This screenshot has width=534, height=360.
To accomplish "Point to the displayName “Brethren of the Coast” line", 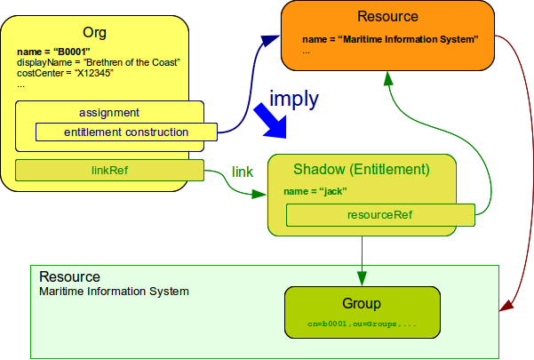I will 99,61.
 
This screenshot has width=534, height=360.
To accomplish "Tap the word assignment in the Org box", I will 108,113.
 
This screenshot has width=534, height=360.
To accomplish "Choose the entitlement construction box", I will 126,132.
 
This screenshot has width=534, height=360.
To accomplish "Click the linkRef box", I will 110,170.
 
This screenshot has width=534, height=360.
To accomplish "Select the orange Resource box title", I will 387,16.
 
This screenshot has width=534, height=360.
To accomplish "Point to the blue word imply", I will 293,99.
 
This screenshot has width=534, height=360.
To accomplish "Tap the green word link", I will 243,170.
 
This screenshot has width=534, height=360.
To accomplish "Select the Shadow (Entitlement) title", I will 362,169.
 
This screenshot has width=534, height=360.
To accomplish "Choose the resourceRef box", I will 379,214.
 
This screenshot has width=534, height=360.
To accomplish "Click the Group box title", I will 362,303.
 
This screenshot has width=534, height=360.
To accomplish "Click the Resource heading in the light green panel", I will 69,277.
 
